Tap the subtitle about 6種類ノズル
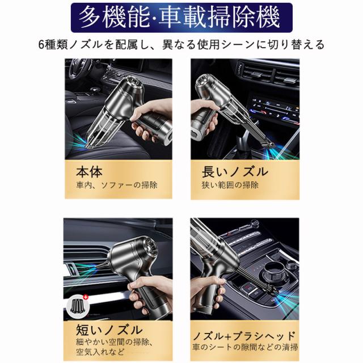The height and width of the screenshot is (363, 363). click(181, 45)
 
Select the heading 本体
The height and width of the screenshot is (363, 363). click(89, 172)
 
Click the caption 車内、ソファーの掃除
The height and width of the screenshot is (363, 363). click(117, 185)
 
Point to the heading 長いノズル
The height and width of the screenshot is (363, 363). click(234, 172)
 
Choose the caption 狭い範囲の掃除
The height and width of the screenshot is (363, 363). click(230, 185)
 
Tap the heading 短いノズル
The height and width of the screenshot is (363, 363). click(109, 330)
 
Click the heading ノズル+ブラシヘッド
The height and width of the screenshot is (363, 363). click(244, 336)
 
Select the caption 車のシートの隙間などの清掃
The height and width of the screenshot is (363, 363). click(245, 347)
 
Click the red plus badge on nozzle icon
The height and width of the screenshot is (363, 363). click(86, 297)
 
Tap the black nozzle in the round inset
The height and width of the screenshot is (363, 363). click(78, 306)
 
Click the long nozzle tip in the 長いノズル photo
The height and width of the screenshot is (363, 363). click(268, 145)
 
